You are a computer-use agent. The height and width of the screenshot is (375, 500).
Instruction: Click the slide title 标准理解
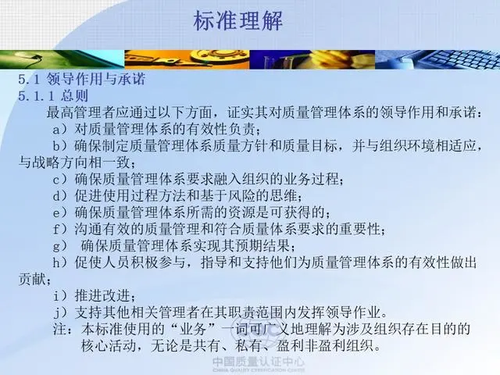[x=237, y=21]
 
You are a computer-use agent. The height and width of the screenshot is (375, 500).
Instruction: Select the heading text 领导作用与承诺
[x=96, y=79]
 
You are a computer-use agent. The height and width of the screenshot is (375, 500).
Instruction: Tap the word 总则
[x=74, y=95]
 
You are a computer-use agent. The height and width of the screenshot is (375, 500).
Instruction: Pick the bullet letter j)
[x=60, y=312]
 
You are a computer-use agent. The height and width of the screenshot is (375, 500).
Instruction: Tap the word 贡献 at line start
[x=32, y=279]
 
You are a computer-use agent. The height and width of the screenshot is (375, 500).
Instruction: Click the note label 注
[x=60, y=329]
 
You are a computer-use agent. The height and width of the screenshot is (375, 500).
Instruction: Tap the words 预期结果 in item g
[x=262, y=246]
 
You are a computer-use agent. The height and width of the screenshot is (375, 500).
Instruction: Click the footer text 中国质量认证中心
[x=259, y=362]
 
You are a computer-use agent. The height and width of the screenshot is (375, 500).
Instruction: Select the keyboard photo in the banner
[x=437, y=59]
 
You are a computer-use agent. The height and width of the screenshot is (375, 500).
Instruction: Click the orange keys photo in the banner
[x=187, y=59]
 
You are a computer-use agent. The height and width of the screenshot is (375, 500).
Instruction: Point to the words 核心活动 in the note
[x=109, y=345]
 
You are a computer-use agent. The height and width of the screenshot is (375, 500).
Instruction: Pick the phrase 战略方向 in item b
[x=60, y=162]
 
